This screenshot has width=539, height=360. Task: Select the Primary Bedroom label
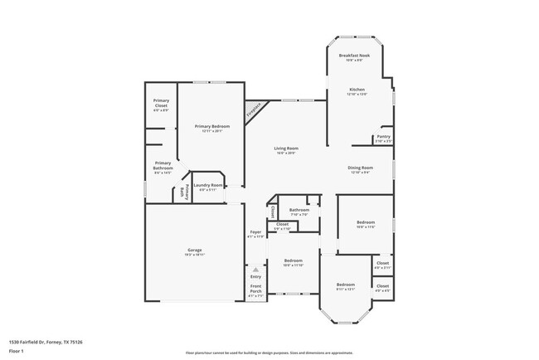pyautogui.click(x=212, y=126)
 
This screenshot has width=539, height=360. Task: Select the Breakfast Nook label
pyautogui.click(x=354, y=56)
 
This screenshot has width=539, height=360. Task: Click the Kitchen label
pyautogui.click(x=357, y=89)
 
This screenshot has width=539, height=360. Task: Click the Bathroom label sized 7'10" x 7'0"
pyautogui.click(x=299, y=210)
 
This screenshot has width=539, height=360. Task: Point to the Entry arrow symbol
pyautogui.click(x=255, y=270)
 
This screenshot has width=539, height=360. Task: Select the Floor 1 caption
pyautogui.click(x=16, y=351)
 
